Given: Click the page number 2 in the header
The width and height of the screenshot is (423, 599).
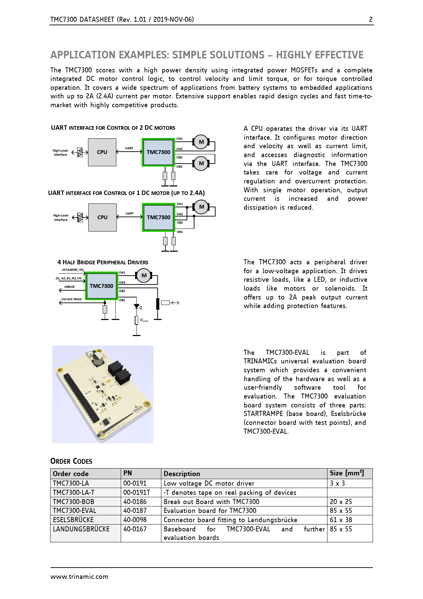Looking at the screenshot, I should [370, 19].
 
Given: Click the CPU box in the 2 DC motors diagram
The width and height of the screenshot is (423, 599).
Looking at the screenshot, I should [102, 152].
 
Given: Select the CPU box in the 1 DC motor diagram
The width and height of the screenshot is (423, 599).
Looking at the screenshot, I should [102, 218].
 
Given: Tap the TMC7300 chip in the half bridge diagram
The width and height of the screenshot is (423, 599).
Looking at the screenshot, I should [101, 286].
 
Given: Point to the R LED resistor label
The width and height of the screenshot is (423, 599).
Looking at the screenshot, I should [144, 320].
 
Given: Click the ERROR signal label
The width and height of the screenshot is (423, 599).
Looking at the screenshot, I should [69, 287].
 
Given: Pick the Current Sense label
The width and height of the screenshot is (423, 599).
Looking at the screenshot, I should [71, 299].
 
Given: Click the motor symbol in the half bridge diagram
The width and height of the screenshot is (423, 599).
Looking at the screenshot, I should [144, 276].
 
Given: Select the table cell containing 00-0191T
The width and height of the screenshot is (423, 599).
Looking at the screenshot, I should [136, 492].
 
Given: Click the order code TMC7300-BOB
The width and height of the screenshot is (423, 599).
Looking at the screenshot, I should [73, 502].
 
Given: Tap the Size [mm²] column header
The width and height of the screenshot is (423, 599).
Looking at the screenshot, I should [347, 473].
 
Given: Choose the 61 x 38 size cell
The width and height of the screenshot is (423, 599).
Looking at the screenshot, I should [341, 520].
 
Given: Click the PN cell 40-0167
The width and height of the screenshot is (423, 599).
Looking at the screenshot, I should [135, 529].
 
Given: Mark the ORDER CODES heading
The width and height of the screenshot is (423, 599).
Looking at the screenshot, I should [71, 461].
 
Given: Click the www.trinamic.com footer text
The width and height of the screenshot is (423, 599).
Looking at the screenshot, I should [79, 577].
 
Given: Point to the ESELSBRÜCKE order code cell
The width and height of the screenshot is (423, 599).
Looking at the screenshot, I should [73, 520].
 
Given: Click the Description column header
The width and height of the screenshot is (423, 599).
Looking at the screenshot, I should [182, 474].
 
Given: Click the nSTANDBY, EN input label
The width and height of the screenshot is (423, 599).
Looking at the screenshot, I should [73, 270].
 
